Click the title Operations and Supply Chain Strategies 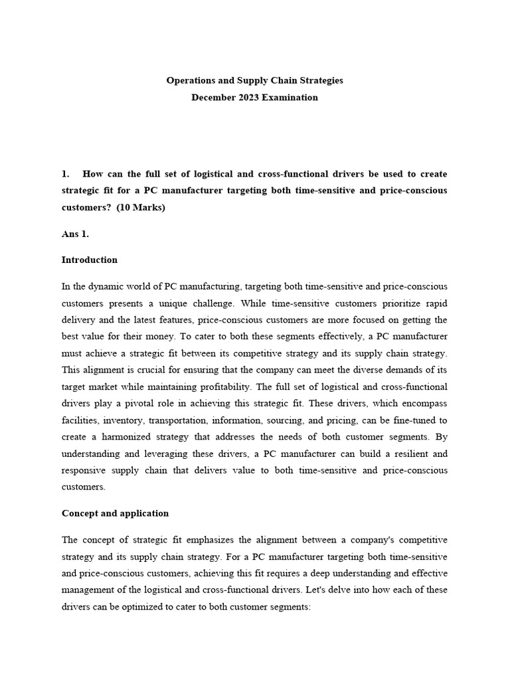[x=254, y=80]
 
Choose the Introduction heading [x=90, y=260]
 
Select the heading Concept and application [x=115, y=513]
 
